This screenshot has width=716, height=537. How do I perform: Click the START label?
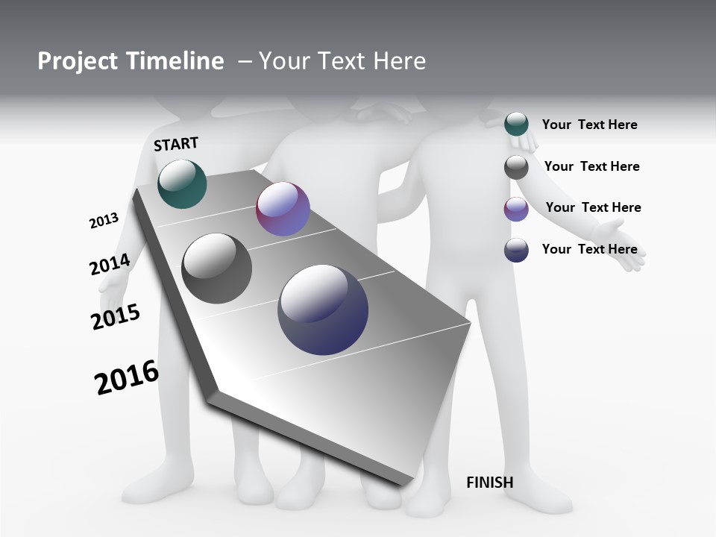click(176, 144)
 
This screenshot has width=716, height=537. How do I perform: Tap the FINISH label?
click(489, 483)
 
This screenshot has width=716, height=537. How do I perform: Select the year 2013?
click(104, 221)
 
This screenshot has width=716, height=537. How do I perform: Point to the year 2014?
click(110, 264)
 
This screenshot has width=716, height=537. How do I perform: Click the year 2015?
click(116, 317)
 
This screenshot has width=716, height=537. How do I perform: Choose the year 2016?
click(127, 377)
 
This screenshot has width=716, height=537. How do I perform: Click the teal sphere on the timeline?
click(182, 183)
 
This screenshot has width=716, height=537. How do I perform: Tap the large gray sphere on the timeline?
click(216, 268)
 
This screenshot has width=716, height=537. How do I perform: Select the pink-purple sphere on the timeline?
click(283, 209)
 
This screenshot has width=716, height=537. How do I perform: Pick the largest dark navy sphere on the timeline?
click(323, 310)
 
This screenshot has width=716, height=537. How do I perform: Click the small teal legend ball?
click(516, 124)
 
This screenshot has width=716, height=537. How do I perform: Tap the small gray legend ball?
click(516, 167)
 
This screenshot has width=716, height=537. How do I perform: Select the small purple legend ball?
click(516, 209)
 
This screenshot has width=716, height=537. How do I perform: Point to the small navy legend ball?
click(516, 250)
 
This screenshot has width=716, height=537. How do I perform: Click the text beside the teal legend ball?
click(589, 125)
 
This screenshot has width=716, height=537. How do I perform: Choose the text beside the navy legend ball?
click(589, 249)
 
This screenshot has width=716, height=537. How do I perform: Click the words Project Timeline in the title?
click(131, 61)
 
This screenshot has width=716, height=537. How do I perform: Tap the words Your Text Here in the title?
click(342, 61)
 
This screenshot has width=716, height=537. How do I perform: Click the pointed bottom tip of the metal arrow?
click(403, 483)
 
